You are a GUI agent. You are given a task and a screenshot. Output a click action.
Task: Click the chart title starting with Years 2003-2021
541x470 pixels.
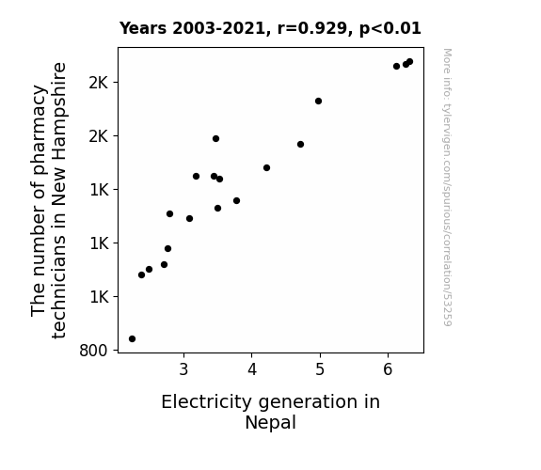click(x=270, y=28)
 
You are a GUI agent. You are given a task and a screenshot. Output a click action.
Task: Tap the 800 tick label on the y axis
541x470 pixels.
click(x=93, y=351)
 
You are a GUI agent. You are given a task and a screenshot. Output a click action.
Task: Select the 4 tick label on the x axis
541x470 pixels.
click(x=252, y=369)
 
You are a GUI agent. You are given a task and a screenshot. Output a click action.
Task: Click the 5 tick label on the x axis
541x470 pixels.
click(x=320, y=369)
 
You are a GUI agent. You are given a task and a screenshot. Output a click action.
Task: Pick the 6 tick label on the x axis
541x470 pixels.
click(x=388, y=369)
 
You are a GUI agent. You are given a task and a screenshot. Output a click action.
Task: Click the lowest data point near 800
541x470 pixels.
click(x=132, y=339)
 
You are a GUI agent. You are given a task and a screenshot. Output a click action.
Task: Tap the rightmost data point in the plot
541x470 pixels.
click(x=410, y=62)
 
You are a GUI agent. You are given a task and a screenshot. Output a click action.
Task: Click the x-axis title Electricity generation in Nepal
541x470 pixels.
click(x=271, y=412)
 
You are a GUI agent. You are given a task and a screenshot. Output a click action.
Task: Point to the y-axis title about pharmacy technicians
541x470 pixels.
click(x=48, y=200)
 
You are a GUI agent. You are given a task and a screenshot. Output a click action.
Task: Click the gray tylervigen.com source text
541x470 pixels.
click(x=447, y=187)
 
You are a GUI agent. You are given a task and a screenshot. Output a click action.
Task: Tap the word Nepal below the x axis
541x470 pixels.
click(x=271, y=422)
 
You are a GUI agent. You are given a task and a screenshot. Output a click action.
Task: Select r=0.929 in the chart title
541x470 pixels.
click(x=312, y=28)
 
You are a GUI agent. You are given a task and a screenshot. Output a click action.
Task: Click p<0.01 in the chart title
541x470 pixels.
click(x=390, y=28)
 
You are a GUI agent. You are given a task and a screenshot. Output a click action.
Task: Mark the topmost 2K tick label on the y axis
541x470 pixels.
click(x=99, y=83)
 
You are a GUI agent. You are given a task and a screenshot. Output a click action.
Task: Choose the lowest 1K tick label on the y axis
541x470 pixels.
click(x=99, y=297)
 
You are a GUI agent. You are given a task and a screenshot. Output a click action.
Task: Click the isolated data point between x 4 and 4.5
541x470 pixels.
click(x=266, y=168)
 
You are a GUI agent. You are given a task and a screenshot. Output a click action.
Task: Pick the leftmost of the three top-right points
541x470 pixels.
click(x=396, y=66)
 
